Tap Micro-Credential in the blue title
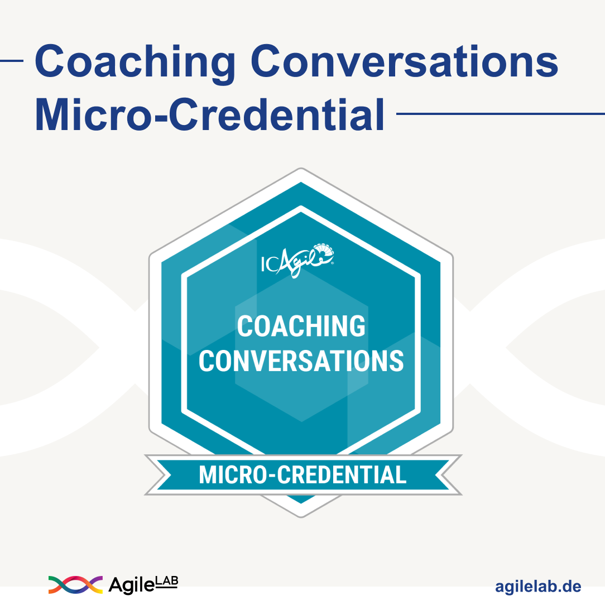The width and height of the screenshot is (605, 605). pyautogui.click(x=209, y=115)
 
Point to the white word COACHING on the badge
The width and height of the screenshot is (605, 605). pyautogui.click(x=301, y=326)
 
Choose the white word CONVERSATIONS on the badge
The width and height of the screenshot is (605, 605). pyautogui.click(x=301, y=361)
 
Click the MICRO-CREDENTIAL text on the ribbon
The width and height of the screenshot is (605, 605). pyautogui.click(x=302, y=475)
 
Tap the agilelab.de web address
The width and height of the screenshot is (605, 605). pyautogui.click(x=538, y=587)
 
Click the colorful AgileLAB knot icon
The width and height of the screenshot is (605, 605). pyautogui.click(x=75, y=584)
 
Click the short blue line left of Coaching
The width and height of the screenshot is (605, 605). pyautogui.click(x=11, y=61)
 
